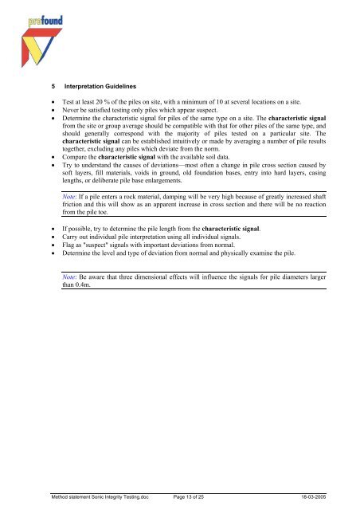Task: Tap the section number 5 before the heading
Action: click(49, 84)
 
